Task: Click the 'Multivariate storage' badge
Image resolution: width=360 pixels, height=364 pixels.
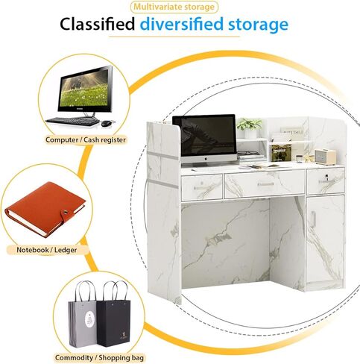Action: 174,7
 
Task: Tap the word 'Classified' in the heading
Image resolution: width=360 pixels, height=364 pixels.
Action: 98,25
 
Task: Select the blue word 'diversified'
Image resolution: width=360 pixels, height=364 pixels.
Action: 182,25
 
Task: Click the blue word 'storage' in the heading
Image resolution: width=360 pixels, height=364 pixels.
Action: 258,25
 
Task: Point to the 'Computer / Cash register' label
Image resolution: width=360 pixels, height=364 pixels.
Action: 86,139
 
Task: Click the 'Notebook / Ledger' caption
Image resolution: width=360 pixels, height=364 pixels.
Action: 47,250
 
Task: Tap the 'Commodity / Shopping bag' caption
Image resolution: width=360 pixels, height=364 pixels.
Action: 99,358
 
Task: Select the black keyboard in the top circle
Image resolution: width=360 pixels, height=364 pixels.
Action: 72,122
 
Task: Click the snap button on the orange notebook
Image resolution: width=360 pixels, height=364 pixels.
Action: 66,212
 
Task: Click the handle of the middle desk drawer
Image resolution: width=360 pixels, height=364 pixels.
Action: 265,184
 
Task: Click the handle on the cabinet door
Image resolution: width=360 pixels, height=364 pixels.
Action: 313,219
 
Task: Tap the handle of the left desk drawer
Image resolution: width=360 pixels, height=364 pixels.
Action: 202,188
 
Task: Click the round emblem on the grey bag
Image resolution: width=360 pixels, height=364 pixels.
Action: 89,320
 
